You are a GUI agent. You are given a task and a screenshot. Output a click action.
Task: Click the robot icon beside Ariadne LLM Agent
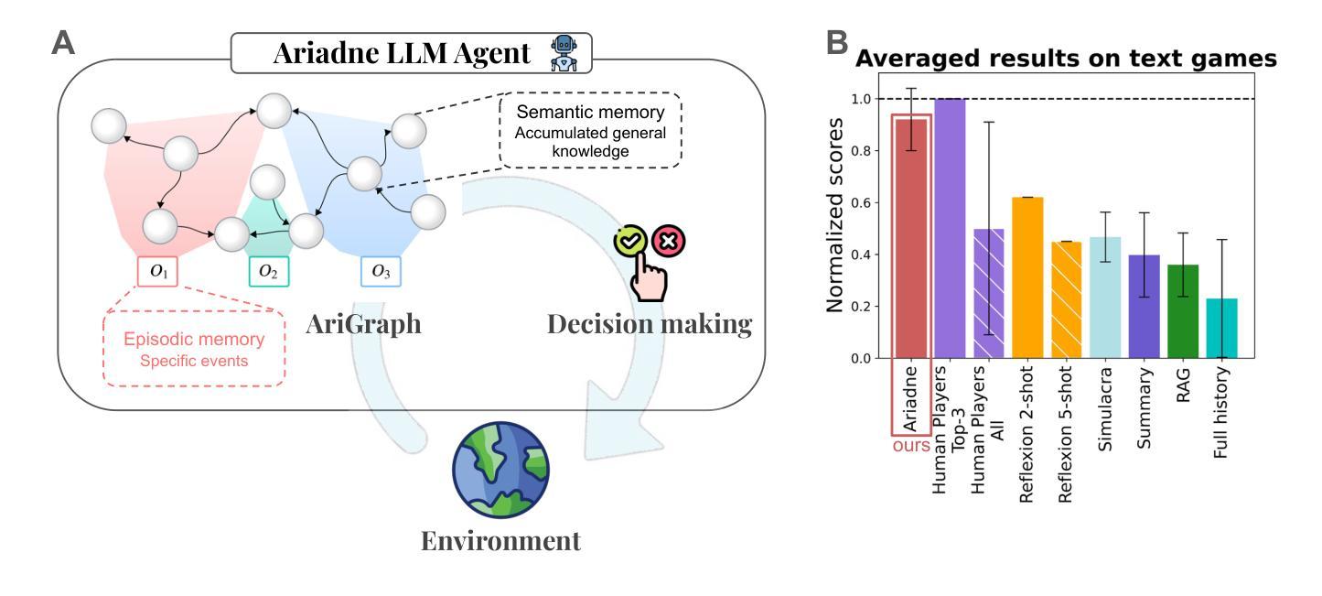(x=564, y=53)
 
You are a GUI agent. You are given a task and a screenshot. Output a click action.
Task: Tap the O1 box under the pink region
(x=157, y=271)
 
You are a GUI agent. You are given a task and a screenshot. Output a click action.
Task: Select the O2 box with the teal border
(x=269, y=271)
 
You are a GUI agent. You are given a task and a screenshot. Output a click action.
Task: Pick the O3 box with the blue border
(x=381, y=271)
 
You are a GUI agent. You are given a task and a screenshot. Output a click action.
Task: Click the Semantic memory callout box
(x=590, y=130)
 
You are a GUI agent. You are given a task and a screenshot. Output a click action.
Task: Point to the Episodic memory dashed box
(x=194, y=349)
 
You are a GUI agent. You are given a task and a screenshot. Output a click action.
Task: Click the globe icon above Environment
(x=500, y=470)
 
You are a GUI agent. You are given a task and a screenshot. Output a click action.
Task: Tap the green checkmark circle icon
(x=630, y=241)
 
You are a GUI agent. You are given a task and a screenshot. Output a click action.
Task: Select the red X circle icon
(x=669, y=241)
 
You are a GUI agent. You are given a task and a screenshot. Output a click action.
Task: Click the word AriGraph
(x=363, y=324)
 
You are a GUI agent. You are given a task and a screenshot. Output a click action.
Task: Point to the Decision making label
(x=650, y=324)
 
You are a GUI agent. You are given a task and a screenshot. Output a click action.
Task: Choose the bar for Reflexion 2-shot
(x=1027, y=277)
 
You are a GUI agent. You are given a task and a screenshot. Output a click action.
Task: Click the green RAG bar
(x=1183, y=311)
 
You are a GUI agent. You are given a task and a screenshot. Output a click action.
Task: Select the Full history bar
(x=1221, y=329)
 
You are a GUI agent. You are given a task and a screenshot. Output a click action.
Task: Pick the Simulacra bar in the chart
(x=1105, y=298)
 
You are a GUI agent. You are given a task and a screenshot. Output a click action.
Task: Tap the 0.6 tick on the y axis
(x=861, y=202)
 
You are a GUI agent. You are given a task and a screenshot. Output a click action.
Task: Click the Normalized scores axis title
(x=834, y=215)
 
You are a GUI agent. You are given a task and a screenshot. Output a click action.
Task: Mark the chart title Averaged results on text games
(x=1066, y=59)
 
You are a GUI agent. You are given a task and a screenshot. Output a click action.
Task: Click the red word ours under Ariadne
(x=911, y=445)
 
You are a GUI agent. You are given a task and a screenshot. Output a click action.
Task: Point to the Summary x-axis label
(x=1144, y=408)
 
